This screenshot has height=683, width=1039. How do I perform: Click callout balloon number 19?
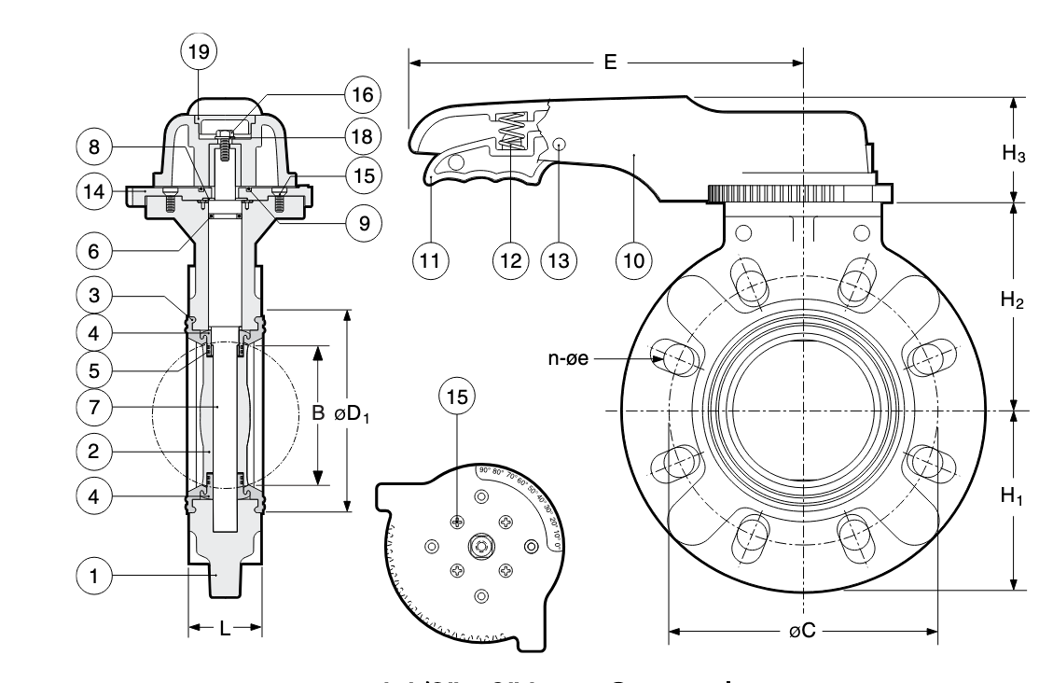click(199, 53)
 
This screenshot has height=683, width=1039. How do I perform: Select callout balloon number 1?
click(92, 576)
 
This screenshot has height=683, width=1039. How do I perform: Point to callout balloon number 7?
click(92, 407)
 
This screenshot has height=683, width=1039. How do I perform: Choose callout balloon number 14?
click(92, 192)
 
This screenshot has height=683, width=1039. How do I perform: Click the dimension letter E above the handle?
click(610, 63)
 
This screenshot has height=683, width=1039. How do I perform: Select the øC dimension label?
click(803, 632)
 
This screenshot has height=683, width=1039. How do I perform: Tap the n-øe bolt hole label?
click(570, 357)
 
